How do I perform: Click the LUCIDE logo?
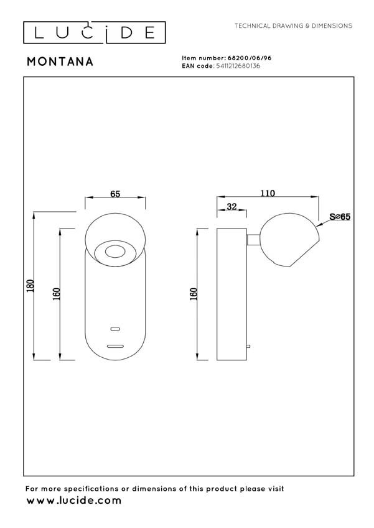[95, 32]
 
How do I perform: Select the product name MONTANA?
[60, 61]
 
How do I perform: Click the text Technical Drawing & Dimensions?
[293, 26]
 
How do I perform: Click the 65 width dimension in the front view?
[115, 194]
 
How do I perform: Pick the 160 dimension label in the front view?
[56, 294]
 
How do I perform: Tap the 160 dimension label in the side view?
[193, 294]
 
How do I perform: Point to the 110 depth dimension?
[268, 193]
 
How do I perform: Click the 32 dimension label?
[231, 207]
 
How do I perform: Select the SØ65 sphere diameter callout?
[340, 217]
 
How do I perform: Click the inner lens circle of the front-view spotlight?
[115, 252]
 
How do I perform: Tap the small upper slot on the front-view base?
[115, 328]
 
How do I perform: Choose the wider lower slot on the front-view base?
[115, 345]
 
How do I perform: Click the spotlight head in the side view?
[290, 240]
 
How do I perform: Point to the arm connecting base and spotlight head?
[253, 239]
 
